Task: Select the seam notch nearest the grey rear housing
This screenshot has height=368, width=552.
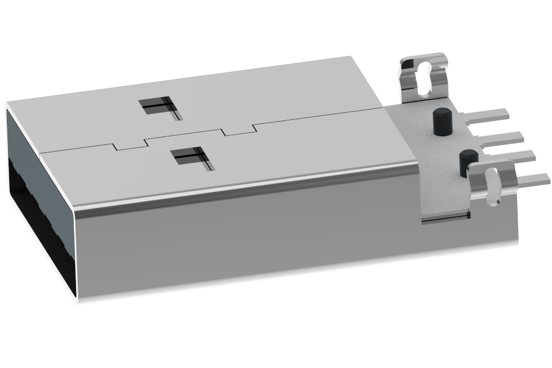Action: click(x=238, y=128)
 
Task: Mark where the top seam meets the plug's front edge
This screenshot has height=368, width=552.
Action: click(x=41, y=153)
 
